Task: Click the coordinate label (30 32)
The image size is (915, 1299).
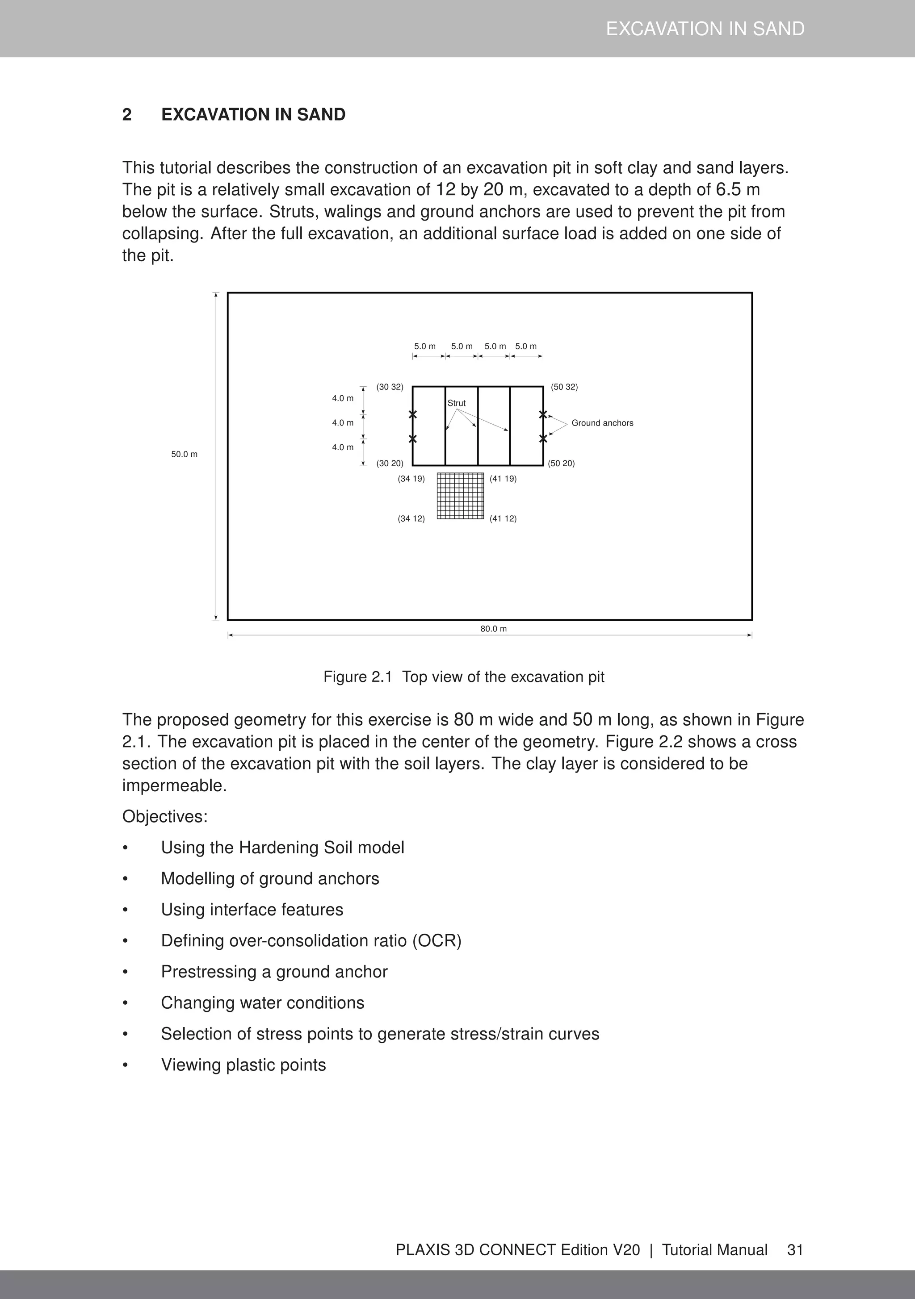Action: (390, 387)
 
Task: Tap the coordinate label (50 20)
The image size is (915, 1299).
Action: (561, 464)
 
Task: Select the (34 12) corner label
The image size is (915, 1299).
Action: (411, 518)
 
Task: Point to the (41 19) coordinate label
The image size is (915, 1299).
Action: (503, 479)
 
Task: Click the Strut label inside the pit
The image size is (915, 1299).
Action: (456, 403)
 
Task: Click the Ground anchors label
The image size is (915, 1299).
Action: (602, 422)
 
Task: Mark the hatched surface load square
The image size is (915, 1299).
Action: (460, 496)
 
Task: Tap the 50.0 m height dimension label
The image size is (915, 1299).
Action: (184, 454)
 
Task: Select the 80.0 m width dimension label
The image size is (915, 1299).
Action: (493, 629)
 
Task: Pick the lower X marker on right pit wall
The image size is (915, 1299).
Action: (543, 439)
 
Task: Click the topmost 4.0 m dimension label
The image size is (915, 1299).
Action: (343, 398)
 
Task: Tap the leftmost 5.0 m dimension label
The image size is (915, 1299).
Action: (424, 346)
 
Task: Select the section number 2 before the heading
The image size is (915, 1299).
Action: (127, 115)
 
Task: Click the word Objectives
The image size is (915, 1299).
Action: (165, 816)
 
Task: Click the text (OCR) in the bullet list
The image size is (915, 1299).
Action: (437, 940)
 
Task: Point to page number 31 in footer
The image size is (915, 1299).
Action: (795, 1249)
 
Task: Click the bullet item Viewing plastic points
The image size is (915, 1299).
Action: (243, 1064)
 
